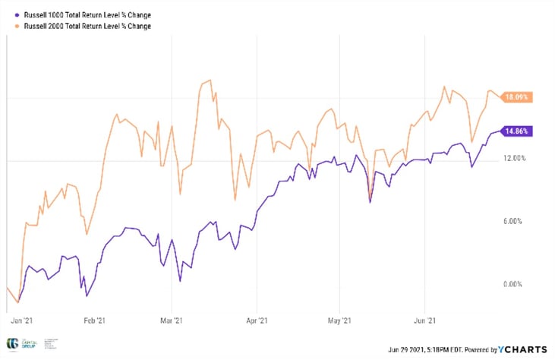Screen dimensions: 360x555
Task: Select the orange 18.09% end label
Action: pos(516,97)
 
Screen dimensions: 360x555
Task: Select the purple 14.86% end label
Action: pos(516,131)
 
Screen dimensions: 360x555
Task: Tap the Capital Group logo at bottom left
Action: pos(13,344)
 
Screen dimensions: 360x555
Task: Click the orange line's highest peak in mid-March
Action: pos(206,80)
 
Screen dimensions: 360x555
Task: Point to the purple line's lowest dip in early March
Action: pos(180,281)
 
